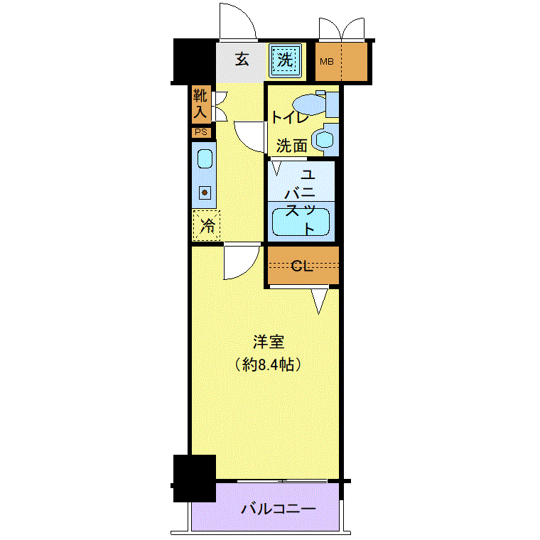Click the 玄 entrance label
tap(242, 60)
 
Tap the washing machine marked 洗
tap(285, 60)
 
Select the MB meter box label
tap(326, 62)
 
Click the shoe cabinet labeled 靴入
tap(202, 104)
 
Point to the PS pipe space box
tap(202, 132)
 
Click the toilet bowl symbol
tap(310, 104)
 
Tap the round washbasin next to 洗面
tap(324, 139)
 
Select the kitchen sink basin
tap(205, 158)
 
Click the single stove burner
tap(205, 193)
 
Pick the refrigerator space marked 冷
tap(206, 225)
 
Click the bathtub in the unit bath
tap(301, 222)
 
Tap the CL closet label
tap(302, 266)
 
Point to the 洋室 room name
tap(269, 342)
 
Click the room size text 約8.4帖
tap(269, 364)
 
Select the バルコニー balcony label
tap(278, 509)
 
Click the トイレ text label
tap(291, 118)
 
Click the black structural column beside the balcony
tap(195, 478)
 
